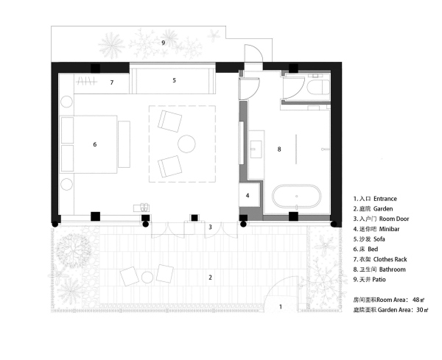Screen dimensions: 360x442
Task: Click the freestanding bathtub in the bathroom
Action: point(297,197)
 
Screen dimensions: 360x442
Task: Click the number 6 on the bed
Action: point(95,144)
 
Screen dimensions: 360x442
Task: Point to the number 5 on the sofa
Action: point(174,80)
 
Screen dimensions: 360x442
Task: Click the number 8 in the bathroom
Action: point(279,149)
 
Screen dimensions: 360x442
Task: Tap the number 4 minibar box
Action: point(248,196)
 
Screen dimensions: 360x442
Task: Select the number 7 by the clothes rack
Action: point(111,82)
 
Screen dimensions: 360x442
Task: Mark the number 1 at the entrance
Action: point(280,305)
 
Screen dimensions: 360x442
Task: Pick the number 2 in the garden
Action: point(210,277)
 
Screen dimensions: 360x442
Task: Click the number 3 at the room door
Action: point(210,227)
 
